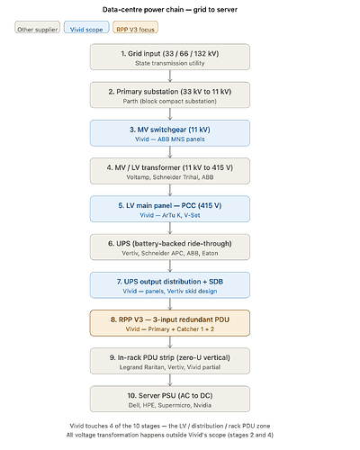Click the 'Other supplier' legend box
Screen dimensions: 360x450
[x=38, y=27]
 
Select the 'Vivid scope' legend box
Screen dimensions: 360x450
[x=86, y=27]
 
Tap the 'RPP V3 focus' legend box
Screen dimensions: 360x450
[x=135, y=27]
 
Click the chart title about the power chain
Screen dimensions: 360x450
[x=170, y=10]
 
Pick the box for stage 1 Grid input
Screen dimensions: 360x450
[x=170, y=57]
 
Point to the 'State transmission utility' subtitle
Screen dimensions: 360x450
[x=170, y=63]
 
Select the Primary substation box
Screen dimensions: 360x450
[x=170, y=95]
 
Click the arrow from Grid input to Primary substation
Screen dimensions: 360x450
[x=170, y=76]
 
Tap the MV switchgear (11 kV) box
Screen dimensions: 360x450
[x=170, y=133]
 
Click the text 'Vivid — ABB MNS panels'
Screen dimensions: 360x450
[x=170, y=139]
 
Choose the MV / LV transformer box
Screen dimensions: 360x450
[x=170, y=171]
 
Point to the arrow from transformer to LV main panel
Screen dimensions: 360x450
[x=170, y=190]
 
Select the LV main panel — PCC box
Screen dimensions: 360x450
[x=170, y=209]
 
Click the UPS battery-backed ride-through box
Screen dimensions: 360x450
[x=170, y=247]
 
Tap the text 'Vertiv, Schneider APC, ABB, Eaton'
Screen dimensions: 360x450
[x=170, y=253]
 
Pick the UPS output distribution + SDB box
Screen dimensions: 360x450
[x=170, y=285]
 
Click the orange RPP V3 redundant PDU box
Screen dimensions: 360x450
[x=170, y=323]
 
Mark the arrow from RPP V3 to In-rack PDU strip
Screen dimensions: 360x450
[x=170, y=342]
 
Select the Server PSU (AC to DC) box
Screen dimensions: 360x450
[x=170, y=399]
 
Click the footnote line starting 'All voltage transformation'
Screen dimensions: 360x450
[x=170, y=435]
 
